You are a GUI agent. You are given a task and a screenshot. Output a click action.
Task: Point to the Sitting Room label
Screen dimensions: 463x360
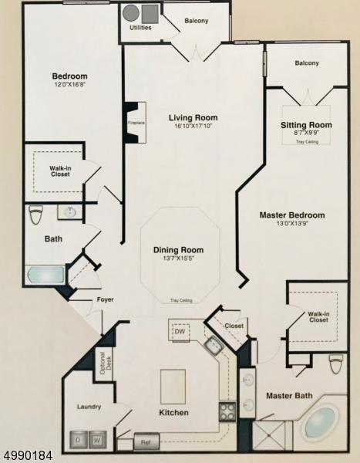[306, 124]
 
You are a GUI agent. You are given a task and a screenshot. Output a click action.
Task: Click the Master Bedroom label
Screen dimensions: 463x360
[291, 215]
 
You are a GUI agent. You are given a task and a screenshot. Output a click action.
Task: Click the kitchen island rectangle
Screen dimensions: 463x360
[173, 382]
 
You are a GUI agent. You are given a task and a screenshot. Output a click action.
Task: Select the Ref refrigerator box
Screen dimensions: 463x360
[144, 442]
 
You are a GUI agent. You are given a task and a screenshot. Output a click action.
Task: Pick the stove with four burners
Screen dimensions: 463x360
[227, 411]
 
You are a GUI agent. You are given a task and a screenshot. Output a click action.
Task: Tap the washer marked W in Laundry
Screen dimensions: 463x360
[98, 441]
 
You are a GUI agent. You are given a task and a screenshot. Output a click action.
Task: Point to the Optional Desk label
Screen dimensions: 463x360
[100, 362]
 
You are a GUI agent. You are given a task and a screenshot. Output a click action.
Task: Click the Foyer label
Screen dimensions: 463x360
[105, 299]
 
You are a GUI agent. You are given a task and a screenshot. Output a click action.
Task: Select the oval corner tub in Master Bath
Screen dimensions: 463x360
[320, 422]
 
